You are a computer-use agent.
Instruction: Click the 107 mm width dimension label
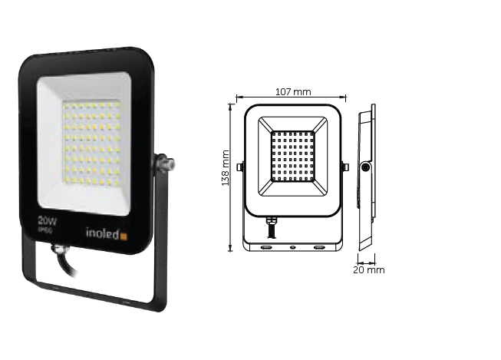pyautogui.click(x=292, y=92)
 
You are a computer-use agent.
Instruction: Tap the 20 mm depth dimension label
pyautogui.click(x=369, y=270)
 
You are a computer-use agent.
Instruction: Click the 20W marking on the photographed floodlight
pyautogui.click(x=48, y=220)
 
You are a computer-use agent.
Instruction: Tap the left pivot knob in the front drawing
pyautogui.click(x=241, y=167)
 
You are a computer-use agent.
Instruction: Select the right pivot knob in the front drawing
pyautogui.click(x=344, y=167)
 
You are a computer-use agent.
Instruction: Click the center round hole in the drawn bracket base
pyautogui.click(x=292, y=247)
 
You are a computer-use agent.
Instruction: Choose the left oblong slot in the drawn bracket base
pyautogui.click(x=265, y=247)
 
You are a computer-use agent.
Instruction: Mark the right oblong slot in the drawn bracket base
pyautogui.click(x=319, y=247)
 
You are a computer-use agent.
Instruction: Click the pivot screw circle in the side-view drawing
pyautogui.click(x=366, y=167)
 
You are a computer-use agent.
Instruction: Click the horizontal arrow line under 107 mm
pyautogui.click(x=292, y=98)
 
